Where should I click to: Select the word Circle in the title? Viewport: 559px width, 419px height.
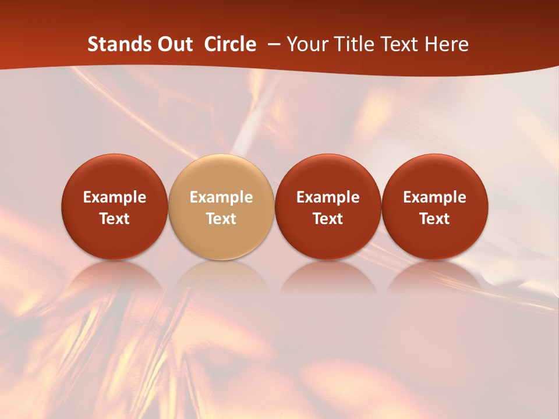point(230,44)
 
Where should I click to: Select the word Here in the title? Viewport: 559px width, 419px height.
point(447,44)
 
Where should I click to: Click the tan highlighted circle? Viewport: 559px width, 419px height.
point(221,175)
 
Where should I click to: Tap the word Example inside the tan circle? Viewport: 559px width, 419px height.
point(221,197)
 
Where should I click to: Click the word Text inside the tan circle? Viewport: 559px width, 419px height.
point(221,219)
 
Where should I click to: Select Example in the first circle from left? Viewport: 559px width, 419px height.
point(114,197)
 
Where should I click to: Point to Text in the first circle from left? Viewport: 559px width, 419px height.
point(114,219)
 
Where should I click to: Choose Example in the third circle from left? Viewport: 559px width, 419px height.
point(328,197)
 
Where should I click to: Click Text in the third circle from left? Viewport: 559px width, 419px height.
point(328,219)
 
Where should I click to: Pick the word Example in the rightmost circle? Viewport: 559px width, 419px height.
point(434,197)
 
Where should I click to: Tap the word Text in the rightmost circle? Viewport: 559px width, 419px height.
point(434,219)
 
